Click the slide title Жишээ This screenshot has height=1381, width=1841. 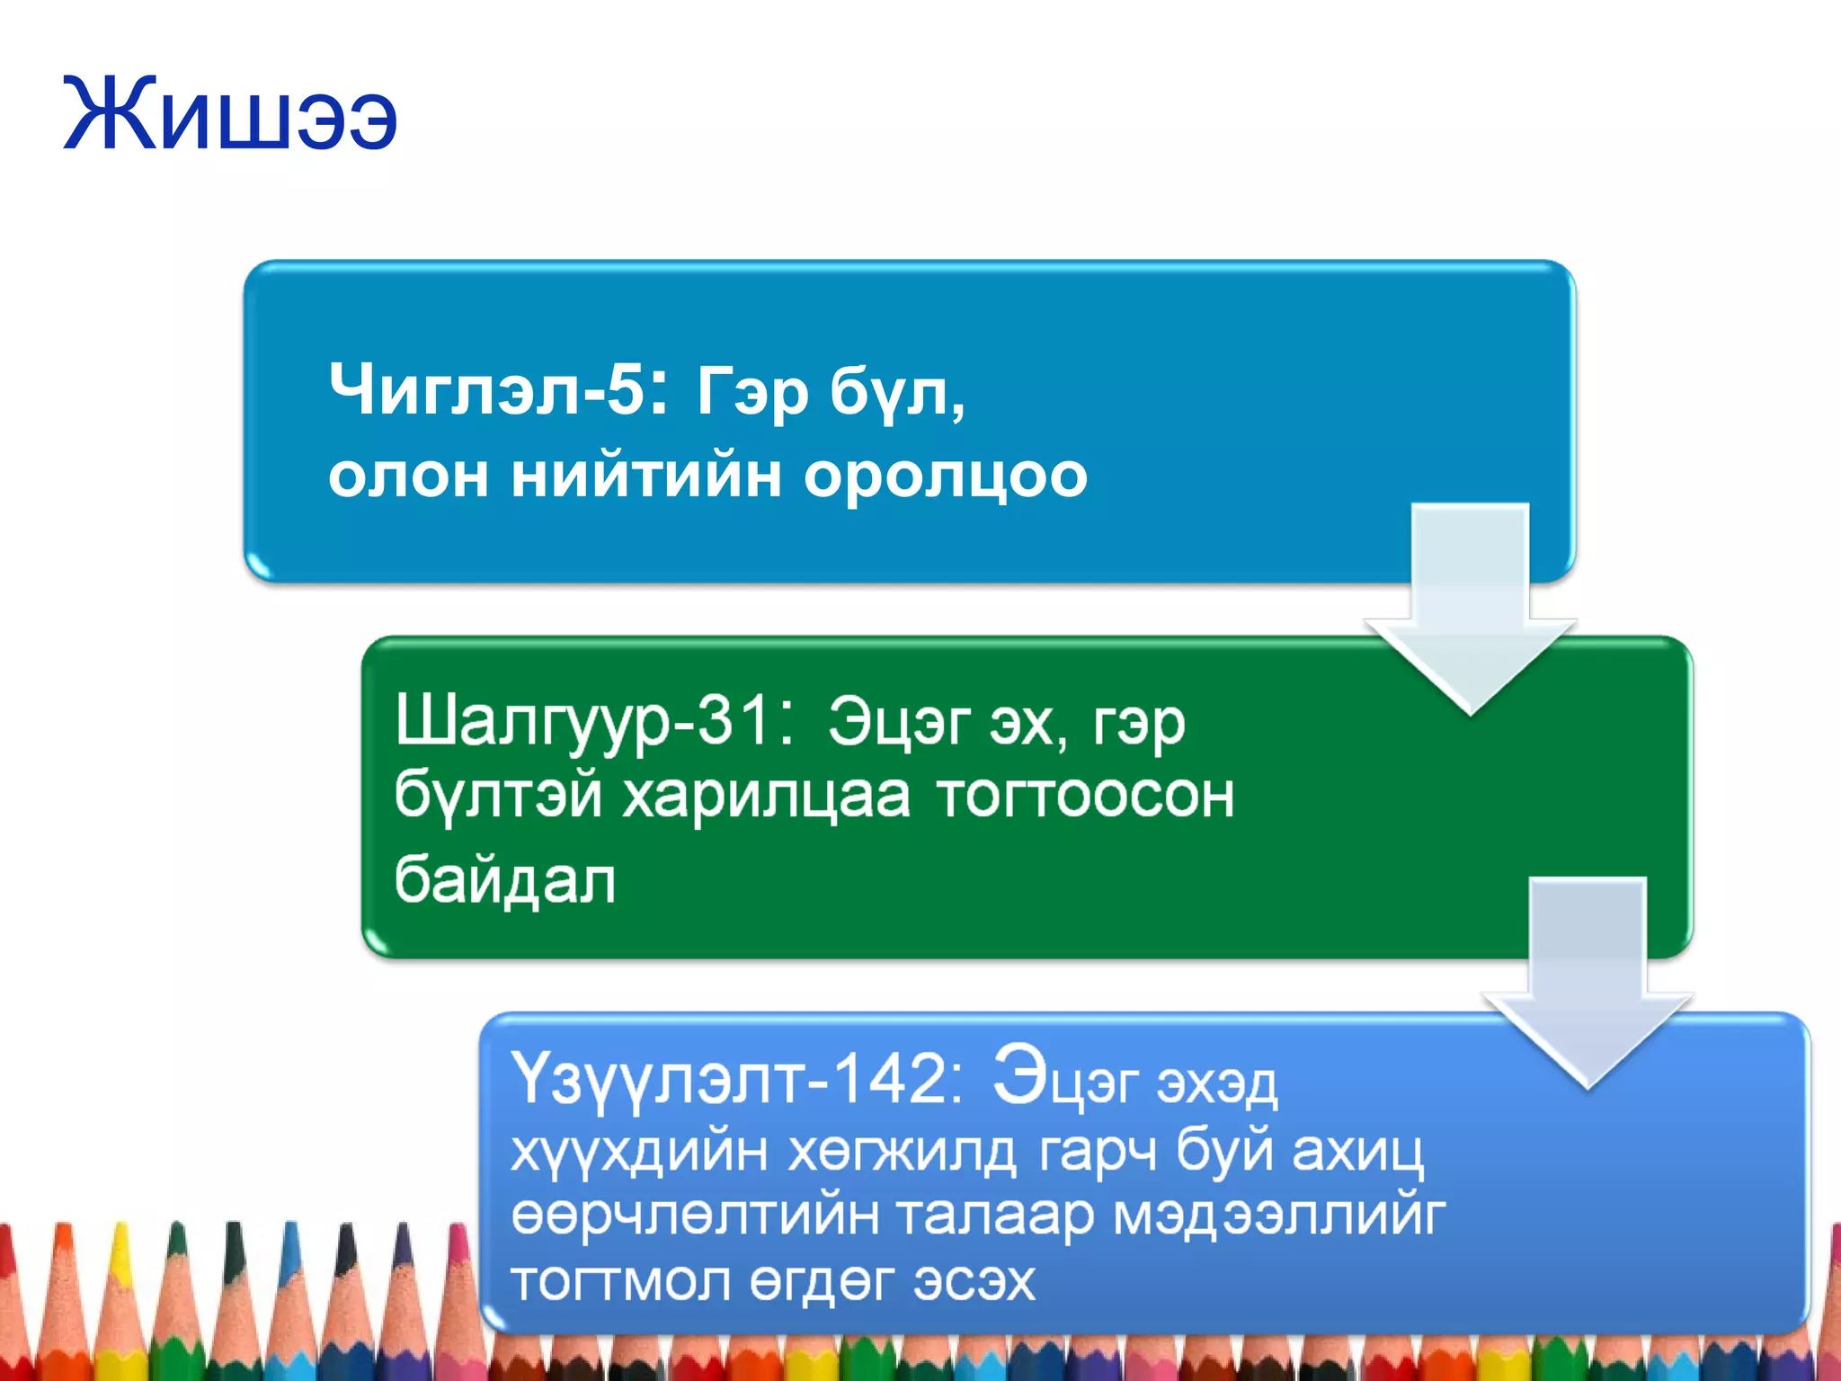[x=230, y=115]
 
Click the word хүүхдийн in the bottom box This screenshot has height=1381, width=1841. [x=639, y=1152]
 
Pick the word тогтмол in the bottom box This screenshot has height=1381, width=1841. [x=620, y=1280]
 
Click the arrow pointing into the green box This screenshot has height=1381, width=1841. [x=1470, y=611]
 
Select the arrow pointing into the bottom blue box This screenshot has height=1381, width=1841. [x=1588, y=985]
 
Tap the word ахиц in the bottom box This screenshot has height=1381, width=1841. [x=1357, y=1152]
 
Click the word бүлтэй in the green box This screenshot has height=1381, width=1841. [x=498, y=797]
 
